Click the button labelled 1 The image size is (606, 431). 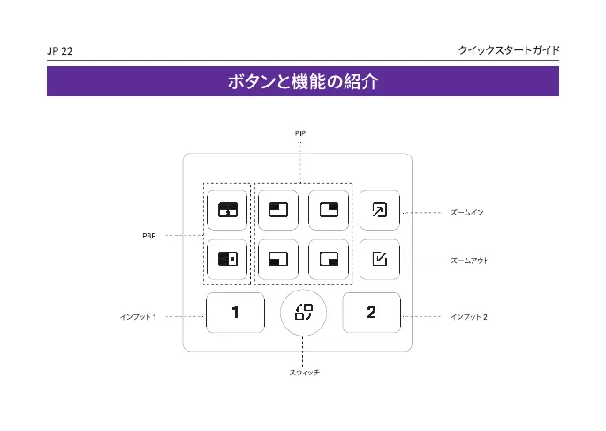[x=235, y=313]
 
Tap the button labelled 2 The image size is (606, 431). [x=371, y=313]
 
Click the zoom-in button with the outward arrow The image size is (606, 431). [x=379, y=210]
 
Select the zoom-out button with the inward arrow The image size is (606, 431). [x=379, y=259]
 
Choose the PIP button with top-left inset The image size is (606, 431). [x=278, y=210]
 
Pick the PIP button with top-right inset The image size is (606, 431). [x=329, y=210]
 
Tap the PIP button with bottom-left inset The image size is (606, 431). [x=278, y=259]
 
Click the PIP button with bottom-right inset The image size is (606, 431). [x=329, y=259]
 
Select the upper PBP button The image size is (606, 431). [x=228, y=210]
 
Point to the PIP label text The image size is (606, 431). [x=300, y=132]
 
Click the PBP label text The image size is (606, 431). [x=149, y=236]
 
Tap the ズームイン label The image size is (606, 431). [x=466, y=213]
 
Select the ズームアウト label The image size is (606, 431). [x=469, y=261]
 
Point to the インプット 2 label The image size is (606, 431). [x=468, y=316]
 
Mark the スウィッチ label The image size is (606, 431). [x=304, y=374]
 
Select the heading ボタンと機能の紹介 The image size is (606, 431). [x=303, y=82]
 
